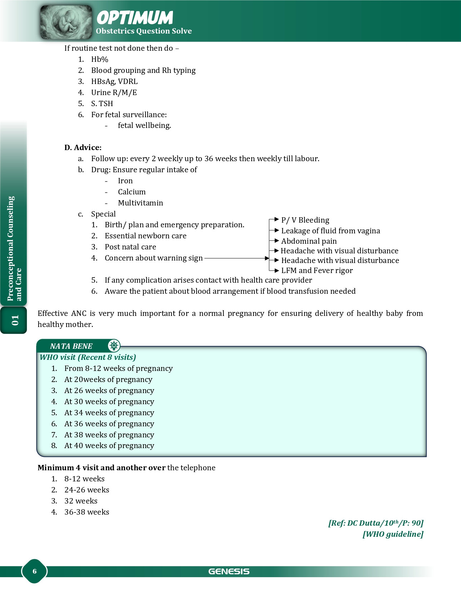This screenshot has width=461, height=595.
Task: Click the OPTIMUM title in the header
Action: (x=135, y=18)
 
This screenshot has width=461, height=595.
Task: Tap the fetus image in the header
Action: (x=66, y=22)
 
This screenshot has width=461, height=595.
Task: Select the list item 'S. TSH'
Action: (x=102, y=104)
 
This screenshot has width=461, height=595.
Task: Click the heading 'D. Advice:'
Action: (x=83, y=148)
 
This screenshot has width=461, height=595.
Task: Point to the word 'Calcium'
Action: (x=132, y=192)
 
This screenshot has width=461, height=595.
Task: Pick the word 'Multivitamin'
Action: (x=140, y=203)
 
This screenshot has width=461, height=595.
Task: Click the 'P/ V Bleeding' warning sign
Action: (x=305, y=220)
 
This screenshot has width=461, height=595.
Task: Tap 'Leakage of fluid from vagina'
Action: (x=331, y=231)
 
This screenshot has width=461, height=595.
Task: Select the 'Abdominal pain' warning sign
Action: (x=309, y=241)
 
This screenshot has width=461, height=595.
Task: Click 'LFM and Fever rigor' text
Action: (x=317, y=271)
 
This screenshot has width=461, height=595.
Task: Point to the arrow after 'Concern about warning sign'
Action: (x=237, y=258)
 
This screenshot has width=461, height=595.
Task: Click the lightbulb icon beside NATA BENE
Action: (x=114, y=346)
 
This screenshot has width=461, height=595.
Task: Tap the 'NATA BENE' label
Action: (x=71, y=346)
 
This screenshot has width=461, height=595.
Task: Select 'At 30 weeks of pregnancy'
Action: (x=109, y=402)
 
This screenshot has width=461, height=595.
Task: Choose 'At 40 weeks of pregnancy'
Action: (x=109, y=446)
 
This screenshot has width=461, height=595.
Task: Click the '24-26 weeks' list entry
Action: (x=87, y=490)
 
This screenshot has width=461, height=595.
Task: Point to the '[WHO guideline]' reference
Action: (x=393, y=534)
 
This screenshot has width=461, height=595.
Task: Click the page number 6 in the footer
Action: (x=35, y=571)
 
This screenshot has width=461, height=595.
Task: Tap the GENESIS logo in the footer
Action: (x=229, y=571)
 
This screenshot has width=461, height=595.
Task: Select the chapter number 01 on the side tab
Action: (x=15, y=320)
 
